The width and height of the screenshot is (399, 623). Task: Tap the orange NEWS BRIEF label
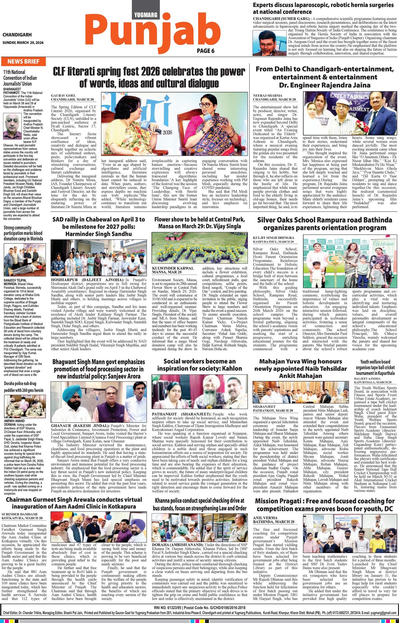tap(23, 62)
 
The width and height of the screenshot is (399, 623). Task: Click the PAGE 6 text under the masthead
tap(205, 51)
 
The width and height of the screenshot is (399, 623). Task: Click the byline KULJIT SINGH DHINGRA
tap(274, 238)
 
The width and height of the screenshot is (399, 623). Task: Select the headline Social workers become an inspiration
tap(200, 365)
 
